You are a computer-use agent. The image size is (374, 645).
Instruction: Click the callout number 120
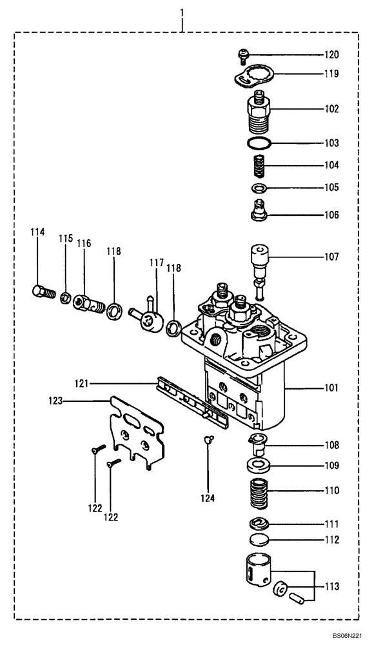tap(331, 55)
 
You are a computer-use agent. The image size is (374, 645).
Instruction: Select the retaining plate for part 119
tap(254, 79)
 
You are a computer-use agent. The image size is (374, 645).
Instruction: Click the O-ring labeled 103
tap(259, 142)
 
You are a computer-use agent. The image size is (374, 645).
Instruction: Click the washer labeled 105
tap(259, 188)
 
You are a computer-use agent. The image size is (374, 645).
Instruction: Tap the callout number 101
tap(331, 389)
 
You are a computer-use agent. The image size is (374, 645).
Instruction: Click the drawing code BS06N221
tap(351, 635)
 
